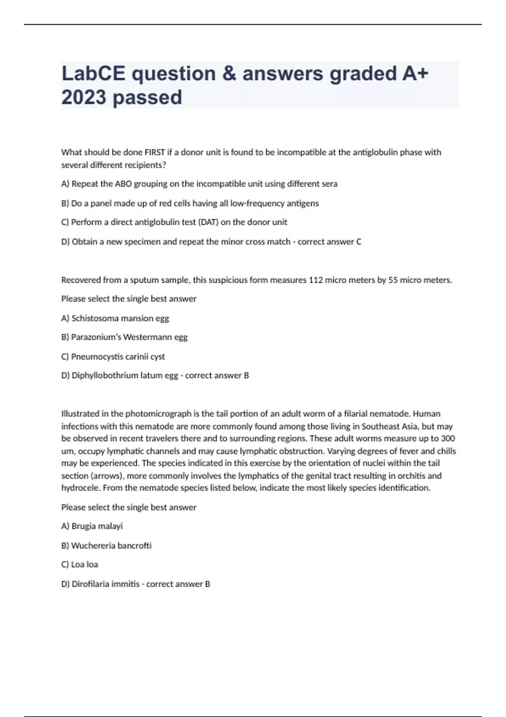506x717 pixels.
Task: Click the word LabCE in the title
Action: [93, 73]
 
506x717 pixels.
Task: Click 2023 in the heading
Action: [83, 97]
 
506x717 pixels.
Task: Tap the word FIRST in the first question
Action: [155, 152]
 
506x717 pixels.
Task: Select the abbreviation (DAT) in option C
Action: [208, 222]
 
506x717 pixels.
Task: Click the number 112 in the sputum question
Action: [316, 280]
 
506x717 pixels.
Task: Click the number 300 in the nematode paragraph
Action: [448, 439]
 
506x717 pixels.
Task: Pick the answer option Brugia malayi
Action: [92, 526]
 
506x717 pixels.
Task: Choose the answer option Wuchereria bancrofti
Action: [106, 546]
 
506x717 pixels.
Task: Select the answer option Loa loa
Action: [80, 565]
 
